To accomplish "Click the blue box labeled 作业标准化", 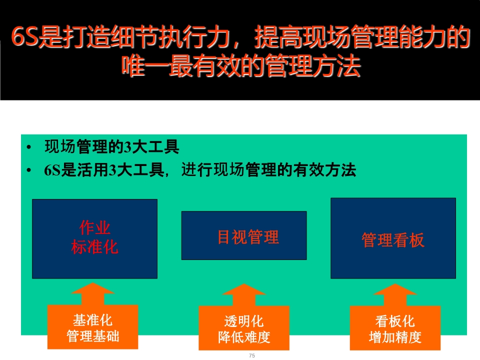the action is click(94, 239).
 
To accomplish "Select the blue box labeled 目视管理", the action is click(244, 235).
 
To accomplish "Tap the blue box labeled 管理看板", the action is click(393, 238).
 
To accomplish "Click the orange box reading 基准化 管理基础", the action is click(93, 327).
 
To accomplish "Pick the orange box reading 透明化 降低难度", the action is click(244, 328).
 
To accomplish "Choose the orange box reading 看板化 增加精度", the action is click(395, 328).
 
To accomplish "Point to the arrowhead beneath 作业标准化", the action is click(93, 288).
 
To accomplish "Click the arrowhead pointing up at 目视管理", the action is click(244, 289).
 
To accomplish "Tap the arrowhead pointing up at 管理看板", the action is click(395, 289).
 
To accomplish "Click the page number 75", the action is click(252, 355).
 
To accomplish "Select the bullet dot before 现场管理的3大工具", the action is click(29, 147).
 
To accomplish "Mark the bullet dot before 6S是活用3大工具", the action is click(29, 170).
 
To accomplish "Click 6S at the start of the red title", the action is click(24, 37).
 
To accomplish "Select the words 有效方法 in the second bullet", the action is click(324, 170).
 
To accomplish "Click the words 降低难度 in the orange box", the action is click(244, 337).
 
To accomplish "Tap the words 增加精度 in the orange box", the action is click(395, 337).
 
